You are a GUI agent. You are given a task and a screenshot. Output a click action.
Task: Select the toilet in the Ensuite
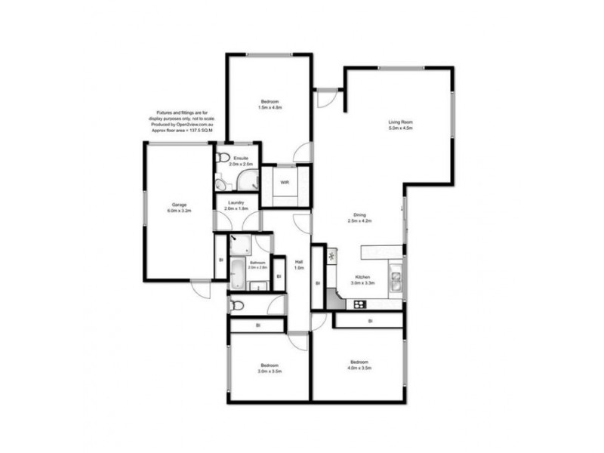[221, 159]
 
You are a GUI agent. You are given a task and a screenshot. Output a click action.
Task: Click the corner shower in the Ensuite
[248, 180]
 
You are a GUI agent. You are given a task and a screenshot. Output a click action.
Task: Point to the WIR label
[285, 182]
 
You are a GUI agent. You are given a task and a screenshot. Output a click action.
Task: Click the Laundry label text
[236, 205]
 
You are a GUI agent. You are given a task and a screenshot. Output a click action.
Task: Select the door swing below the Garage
[201, 288]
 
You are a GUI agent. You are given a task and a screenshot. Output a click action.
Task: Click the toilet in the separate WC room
[236, 305]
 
